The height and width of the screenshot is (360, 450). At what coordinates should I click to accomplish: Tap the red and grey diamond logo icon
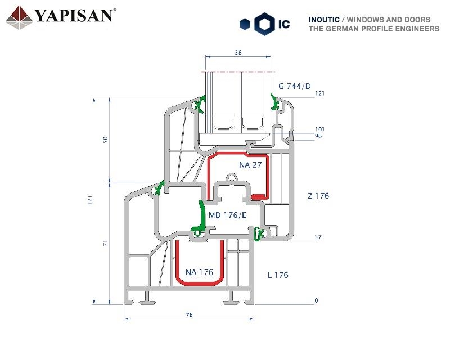(19, 18)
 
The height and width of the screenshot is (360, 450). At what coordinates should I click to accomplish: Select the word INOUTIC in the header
(324, 20)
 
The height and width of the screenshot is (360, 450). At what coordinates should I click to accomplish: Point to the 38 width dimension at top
(238, 52)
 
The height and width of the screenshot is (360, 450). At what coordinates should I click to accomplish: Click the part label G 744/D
(294, 86)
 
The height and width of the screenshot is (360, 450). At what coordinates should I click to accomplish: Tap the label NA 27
(250, 165)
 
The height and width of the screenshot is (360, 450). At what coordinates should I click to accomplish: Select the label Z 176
(318, 196)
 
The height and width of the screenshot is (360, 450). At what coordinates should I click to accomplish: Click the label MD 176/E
(227, 215)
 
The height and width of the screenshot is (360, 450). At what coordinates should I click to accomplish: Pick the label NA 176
(199, 272)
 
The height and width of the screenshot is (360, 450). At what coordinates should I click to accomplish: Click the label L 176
(278, 275)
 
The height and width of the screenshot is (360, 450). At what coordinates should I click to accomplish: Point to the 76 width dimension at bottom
(189, 315)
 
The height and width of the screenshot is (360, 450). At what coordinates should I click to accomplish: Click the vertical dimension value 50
(106, 140)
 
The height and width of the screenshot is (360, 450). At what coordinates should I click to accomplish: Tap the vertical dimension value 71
(106, 243)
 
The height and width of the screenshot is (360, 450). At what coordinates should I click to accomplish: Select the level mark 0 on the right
(316, 300)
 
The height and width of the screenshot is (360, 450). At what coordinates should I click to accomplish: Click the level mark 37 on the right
(318, 237)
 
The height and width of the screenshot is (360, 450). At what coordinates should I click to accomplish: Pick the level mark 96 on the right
(318, 136)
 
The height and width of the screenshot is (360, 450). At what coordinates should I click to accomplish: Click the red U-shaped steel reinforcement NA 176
(200, 263)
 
